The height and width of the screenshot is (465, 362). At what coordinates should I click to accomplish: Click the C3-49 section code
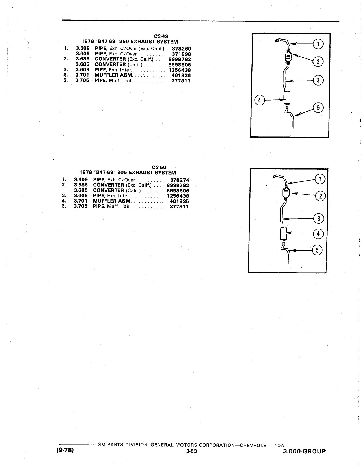pos(161,36)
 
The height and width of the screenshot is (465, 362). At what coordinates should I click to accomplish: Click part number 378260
pos(182,49)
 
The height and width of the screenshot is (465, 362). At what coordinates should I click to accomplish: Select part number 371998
pos(182,54)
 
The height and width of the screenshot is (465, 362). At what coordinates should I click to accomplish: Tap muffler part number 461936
pos(181,75)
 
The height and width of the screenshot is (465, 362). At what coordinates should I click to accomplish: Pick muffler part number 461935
pos(179,201)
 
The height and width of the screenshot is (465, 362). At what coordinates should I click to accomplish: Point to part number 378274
pos(180,180)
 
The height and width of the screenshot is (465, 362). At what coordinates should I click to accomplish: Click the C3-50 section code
pos(159,167)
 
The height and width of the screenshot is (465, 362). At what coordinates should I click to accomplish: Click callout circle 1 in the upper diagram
pos(318,44)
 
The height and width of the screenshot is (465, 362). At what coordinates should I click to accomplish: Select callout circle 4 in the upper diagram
pos(260,100)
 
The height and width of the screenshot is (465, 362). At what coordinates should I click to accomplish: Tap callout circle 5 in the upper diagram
pos(318,108)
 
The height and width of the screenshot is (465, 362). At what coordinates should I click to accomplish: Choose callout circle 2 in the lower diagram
pos(320,196)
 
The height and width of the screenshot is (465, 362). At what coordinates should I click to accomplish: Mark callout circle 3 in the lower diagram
pos(318,218)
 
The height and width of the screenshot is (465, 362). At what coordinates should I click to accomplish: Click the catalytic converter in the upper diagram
pos(288,57)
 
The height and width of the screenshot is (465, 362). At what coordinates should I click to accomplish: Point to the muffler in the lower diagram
pos(284,234)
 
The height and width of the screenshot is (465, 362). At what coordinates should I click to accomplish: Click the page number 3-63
pos(191,451)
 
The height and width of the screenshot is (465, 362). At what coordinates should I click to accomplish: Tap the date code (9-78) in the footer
pos(65,450)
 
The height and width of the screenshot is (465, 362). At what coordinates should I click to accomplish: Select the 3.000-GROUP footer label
pos(304,451)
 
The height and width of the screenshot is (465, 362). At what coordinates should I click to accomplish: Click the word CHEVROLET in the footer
pos(255,445)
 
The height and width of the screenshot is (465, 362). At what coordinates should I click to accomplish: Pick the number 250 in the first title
pos(124,42)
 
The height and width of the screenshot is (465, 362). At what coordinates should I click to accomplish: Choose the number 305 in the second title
pos(122,173)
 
